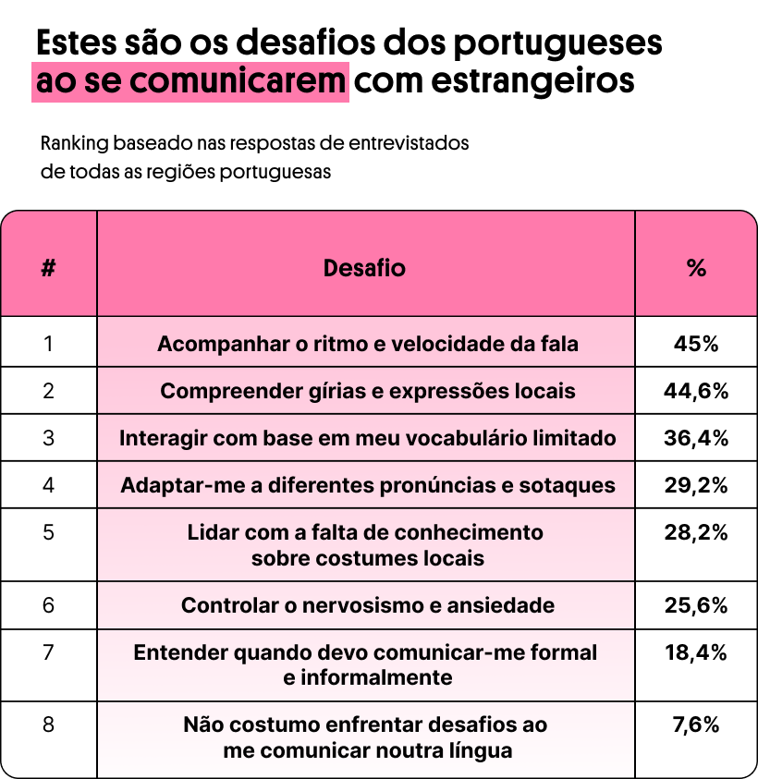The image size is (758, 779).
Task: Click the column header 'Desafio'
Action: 364,268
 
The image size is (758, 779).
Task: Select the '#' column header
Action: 49,268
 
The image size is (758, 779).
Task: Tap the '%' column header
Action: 696,268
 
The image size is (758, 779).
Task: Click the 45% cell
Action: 696,344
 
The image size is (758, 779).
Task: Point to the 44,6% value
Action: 696,391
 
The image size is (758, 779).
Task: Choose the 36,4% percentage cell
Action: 696,438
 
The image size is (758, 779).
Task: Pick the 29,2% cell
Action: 696,485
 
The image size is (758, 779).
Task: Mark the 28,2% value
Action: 696,533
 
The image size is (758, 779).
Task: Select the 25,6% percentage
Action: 696,606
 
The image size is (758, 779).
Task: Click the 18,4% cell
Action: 696,653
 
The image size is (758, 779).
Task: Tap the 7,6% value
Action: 696,725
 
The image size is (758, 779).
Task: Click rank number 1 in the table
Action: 49,344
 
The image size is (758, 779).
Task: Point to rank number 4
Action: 49,485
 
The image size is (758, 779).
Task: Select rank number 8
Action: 49,725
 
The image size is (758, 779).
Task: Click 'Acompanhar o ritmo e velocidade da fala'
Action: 367,344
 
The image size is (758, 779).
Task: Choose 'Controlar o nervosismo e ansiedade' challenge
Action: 367,606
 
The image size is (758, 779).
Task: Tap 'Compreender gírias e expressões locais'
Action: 367,391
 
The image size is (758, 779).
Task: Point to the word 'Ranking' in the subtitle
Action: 75,144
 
